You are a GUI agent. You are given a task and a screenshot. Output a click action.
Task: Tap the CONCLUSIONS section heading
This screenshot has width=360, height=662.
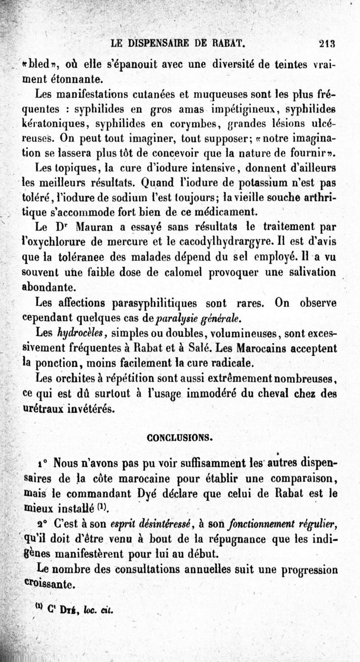180,437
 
